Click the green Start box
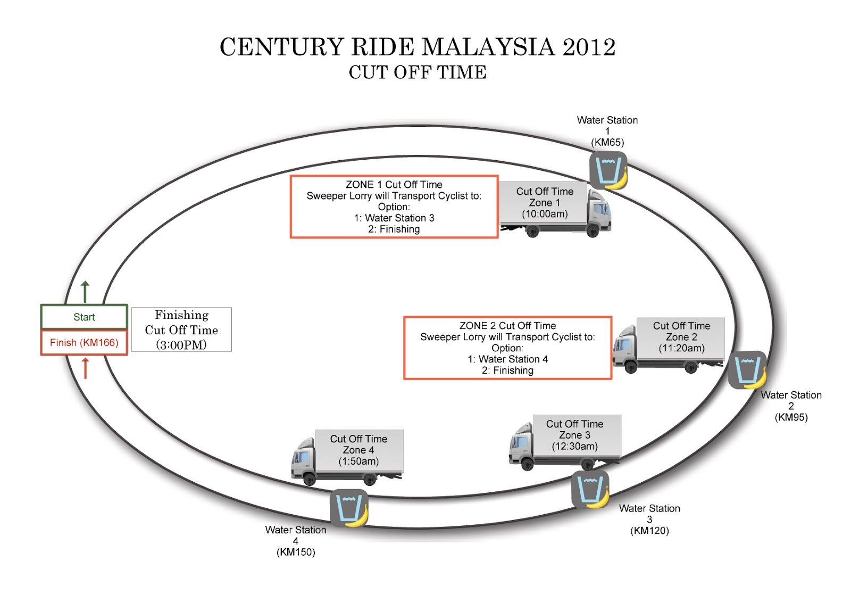84,317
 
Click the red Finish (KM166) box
84,343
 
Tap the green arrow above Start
85,292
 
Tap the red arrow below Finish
85,368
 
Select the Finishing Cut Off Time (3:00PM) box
181,329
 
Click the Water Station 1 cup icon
608,170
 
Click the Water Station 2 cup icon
747,370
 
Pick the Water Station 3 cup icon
590,489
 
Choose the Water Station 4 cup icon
348,508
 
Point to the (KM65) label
607,143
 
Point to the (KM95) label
791,417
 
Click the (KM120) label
649,531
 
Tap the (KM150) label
296,552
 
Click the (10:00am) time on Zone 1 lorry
545,214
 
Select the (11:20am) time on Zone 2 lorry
681,348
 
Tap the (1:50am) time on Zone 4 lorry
358,461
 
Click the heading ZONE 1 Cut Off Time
394,185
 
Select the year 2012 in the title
589,47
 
